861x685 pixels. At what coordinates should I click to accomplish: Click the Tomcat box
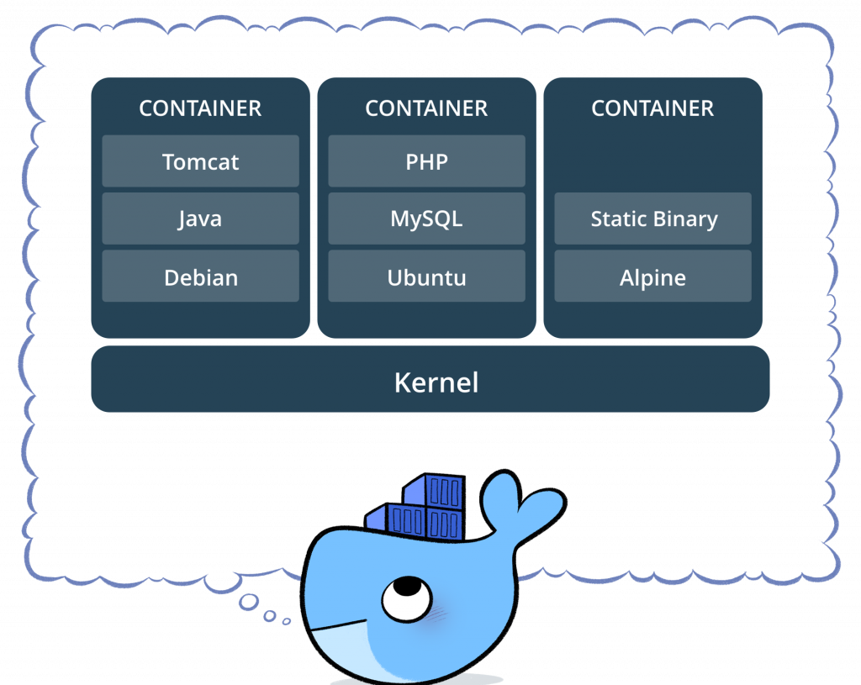tap(200, 161)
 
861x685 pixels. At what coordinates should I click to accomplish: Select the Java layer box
tap(200, 219)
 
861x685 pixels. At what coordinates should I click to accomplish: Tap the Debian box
tap(200, 277)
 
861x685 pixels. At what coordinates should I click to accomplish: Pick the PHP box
tap(426, 161)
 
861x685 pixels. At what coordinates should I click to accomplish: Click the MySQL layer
tap(426, 219)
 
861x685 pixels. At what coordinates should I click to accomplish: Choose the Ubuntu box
tap(426, 277)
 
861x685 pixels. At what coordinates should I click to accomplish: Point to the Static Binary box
tap(652, 219)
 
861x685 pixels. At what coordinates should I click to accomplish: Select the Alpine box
tap(652, 277)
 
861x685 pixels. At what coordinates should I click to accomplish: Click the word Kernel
tap(436, 383)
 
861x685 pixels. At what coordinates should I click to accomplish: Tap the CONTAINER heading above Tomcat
tap(200, 108)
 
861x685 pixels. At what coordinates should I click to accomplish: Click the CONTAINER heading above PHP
tap(426, 108)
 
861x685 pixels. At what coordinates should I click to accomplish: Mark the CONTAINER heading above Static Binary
tap(652, 108)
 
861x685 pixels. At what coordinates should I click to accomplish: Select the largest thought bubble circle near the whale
tap(248, 602)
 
